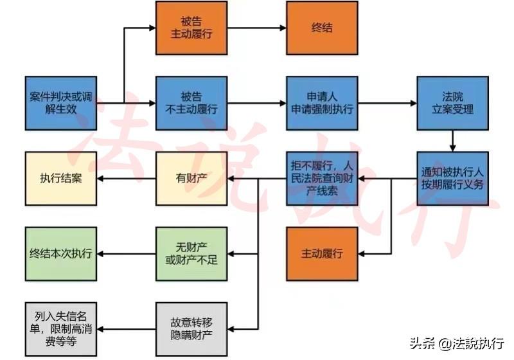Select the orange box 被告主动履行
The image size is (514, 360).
(x=191, y=28)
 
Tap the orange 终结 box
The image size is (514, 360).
(x=322, y=28)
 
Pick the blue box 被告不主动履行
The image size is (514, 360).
(x=191, y=103)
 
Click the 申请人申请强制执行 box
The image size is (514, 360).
(x=322, y=103)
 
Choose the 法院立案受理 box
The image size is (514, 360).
(x=453, y=103)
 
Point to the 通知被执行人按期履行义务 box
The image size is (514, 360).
(x=453, y=178)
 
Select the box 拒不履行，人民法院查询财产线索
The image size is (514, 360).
(x=322, y=178)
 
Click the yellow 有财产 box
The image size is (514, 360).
(x=191, y=178)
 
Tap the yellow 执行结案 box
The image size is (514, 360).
(x=61, y=178)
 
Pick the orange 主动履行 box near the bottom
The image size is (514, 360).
(x=322, y=253)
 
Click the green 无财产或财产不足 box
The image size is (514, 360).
(x=191, y=253)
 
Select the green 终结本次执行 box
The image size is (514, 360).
(x=61, y=253)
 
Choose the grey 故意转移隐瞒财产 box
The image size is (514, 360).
(x=191, y=328)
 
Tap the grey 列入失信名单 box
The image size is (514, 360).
(x=61, y=328)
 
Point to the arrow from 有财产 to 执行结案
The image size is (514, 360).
(x=127, y=178)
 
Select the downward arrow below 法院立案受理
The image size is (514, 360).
(x=453, y=140)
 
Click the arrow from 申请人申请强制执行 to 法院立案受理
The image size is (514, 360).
(x=387, y=103)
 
